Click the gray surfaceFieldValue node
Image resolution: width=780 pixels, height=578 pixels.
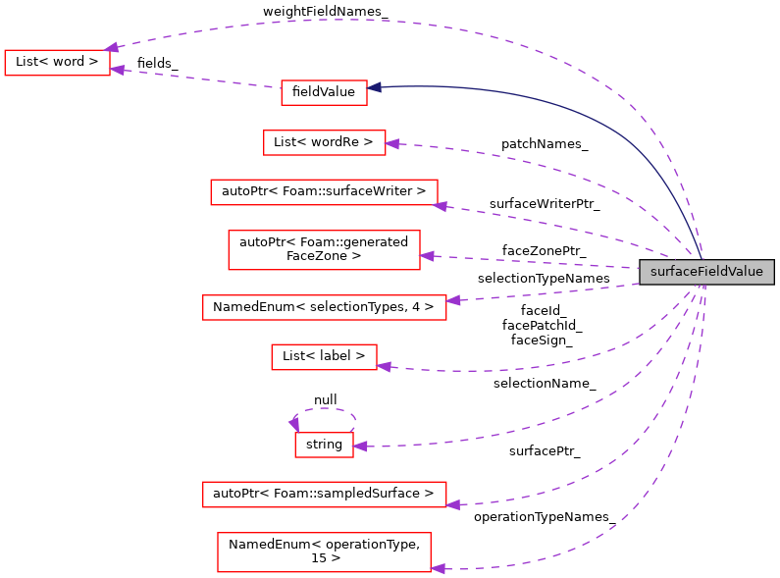tap(705, 272)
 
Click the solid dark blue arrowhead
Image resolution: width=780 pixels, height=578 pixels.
tap(374, 87)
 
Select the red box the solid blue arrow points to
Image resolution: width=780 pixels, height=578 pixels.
tap(324, 93)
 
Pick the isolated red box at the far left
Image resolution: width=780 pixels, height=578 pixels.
tap(57, 63)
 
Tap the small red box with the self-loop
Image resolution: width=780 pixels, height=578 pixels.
tap(324, 445)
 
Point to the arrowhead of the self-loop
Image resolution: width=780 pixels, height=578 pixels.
tap(293, 423)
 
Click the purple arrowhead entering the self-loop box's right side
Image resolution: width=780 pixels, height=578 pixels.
tap(360, 447)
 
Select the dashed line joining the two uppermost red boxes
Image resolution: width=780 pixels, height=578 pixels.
tap(196, 79)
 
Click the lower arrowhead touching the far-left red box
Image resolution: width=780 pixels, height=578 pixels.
tap(117, 70)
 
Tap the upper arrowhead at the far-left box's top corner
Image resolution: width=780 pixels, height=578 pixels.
tap(112, 47)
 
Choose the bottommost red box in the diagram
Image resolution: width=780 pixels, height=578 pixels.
tap(324, 552)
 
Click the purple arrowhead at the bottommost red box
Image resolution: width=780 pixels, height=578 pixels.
tap(438, 568)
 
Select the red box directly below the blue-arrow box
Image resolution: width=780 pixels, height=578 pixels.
tap(324, 142)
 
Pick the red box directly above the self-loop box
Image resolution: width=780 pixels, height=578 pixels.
tap(324, 357)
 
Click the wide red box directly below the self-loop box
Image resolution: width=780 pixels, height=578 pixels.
tap(324, 495)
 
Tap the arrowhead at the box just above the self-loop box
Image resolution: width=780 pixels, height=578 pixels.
tap(384, 366)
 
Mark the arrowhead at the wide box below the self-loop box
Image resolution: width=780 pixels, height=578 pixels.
tap(452, 504)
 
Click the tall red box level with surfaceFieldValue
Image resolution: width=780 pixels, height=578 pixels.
tap(324, 250)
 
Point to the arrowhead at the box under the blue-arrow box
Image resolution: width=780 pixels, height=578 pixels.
tap(391, 144)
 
